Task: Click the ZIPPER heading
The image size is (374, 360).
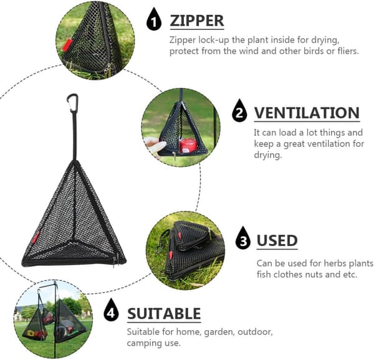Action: pyautogui.click(x=197, y=21)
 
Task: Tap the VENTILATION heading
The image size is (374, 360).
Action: pyautogui.click(x=307, y=113)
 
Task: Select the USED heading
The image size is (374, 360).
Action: pyautogui.click(x=277, y=240)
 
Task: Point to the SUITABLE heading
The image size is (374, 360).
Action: pyautogui.click(x=164, y=314)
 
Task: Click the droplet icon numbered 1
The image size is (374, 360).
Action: pyautogui.click(x=154, y=19)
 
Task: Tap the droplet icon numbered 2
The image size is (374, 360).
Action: pyautogui.click(x=239, y=111)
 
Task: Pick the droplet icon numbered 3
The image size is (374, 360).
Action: pyautogui.click(x=243, y=239)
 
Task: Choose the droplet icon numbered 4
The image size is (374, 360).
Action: pyautogui.click(x=111, y=310)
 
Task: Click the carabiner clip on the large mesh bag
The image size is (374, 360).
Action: pyautogui.click(x=72, y=103)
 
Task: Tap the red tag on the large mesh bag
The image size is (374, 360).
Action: pyautogui.click(x=36, y=237)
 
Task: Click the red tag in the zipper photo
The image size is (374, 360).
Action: pyautogui.click(x=67, y=45)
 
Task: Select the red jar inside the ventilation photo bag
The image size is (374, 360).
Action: pyautogui.click(x=188, y=146)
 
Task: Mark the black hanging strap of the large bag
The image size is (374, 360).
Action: pyautogui.click(x=75, y=136)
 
